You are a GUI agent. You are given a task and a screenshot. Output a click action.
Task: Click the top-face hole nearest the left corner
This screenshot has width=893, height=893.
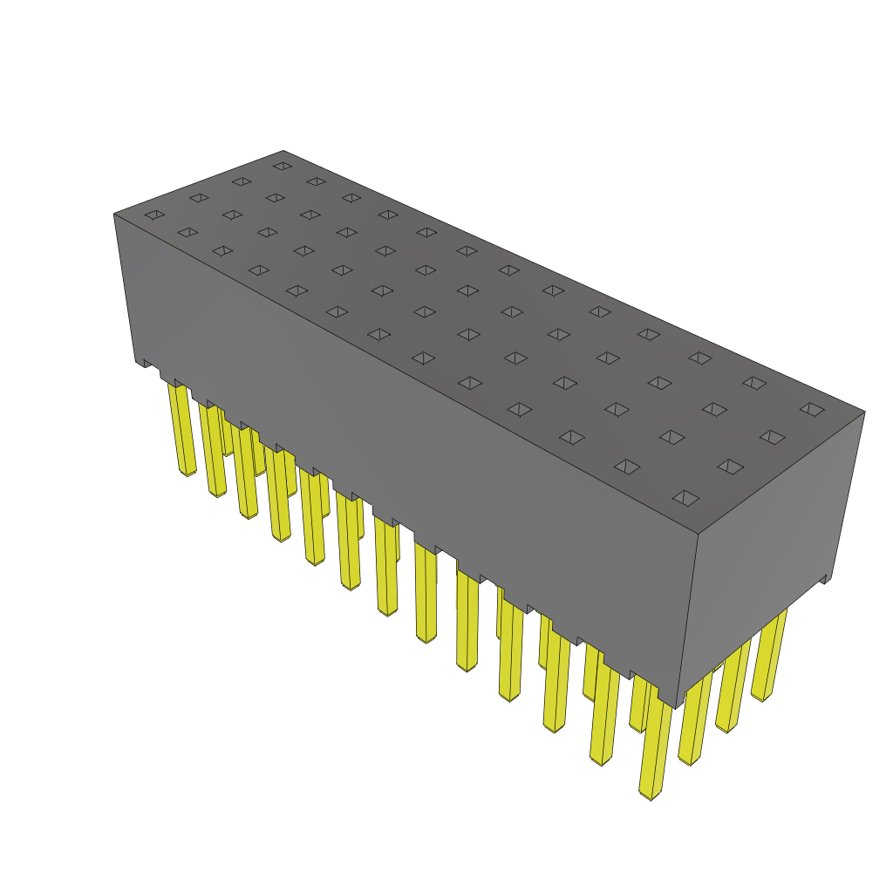[x=154, y=215]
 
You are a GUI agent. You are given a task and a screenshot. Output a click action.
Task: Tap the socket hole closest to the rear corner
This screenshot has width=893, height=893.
[x=282, y=166]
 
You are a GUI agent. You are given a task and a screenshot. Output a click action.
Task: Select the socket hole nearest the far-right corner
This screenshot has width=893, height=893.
[x=812, y=409]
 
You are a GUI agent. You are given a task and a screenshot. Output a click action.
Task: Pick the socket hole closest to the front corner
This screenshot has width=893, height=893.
[x=686, y=498]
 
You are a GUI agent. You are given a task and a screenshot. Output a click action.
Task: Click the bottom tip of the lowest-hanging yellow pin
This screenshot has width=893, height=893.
[x=650, y=795]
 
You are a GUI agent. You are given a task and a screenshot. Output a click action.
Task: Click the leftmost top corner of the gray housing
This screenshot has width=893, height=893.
[x=114, y=214]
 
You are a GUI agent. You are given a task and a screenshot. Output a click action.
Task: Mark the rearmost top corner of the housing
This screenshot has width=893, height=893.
[x=283, y=151]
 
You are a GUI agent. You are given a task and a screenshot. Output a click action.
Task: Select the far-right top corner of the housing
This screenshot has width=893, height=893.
[x=864, y=412]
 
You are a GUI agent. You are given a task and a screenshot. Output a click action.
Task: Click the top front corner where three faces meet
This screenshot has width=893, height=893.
[x=698, y=533]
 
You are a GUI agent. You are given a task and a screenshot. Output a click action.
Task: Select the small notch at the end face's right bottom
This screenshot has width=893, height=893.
[x=826, y=579]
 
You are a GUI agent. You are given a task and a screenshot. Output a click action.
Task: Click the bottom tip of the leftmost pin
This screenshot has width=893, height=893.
[x=188, y=474]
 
